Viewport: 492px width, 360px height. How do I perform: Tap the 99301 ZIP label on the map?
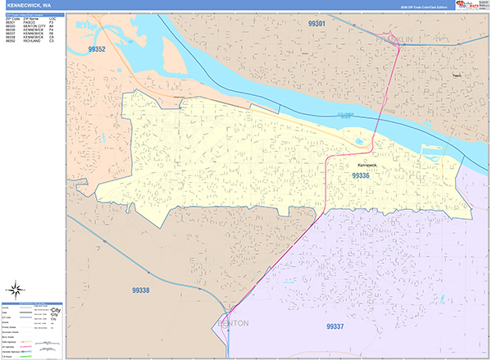[x=318, y=24]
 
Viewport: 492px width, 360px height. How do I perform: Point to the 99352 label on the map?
[x=96, y=49]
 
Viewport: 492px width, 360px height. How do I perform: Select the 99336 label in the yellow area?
[x=362, y=175]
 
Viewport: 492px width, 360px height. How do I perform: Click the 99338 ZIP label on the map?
[x=140, y=289]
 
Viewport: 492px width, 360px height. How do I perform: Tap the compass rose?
[x=16, y=289]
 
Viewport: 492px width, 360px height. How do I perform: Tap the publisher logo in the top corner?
[x=467, y=6]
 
